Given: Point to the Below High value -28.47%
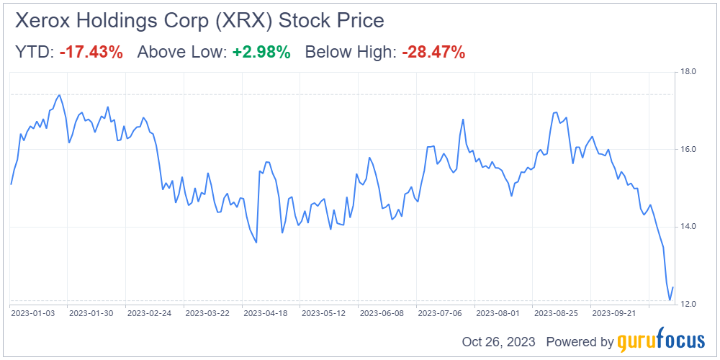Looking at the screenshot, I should point(433,52).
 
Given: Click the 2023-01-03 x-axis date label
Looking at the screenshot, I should point(33,314).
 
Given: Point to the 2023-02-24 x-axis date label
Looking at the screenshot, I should point(150,314).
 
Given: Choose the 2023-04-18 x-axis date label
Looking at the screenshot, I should point(266,314).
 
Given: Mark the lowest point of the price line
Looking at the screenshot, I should point(670,300).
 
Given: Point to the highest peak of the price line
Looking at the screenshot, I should point(59,95).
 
